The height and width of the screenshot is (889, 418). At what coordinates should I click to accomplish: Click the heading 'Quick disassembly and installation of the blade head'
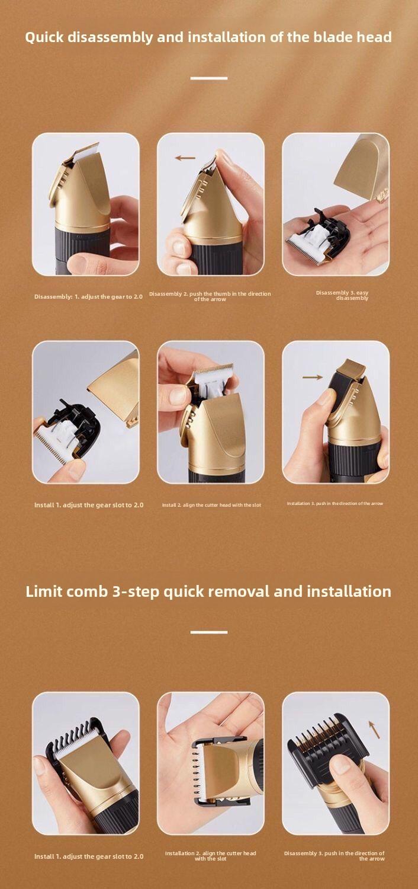point(208,37)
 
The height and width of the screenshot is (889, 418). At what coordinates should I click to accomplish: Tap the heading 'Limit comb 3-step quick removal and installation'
point(208,591)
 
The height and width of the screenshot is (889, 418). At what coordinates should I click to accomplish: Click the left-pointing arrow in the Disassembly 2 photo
point(185,158)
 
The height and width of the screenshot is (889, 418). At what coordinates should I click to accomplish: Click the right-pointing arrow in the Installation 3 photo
point(312,377)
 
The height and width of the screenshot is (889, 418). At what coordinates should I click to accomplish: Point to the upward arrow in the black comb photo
point(374,729)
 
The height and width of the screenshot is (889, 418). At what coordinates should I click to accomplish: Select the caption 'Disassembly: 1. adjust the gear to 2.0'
point(88,296)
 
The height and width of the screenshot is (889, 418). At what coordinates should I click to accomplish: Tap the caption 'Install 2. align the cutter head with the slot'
point(211,505)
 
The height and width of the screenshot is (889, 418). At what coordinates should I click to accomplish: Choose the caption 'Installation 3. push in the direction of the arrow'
point(335,503)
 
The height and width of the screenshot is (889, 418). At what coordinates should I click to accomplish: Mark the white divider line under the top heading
point(209,78)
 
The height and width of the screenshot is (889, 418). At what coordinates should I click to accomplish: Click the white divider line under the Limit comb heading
point(209,632)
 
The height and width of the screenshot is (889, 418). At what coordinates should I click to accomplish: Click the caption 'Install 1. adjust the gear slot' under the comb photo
point(89,856)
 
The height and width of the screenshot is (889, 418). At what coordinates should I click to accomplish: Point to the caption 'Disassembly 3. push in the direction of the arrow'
point(335,856)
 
